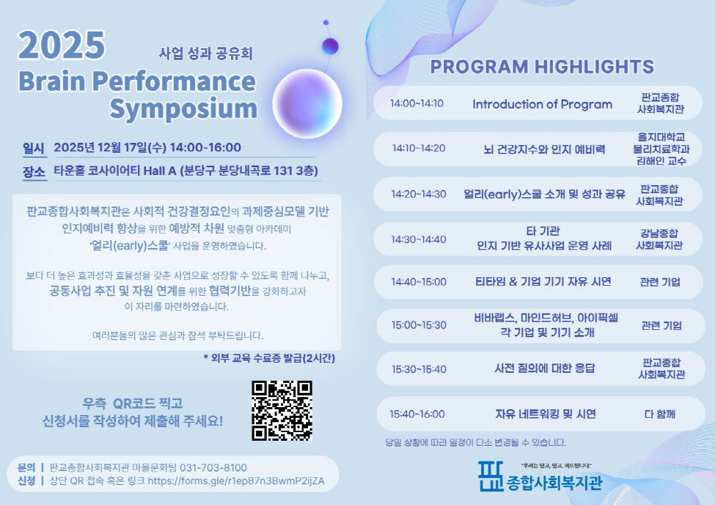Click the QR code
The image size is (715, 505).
coord(282,411)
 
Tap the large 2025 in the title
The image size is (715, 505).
coord(61,45)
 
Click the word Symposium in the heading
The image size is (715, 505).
coord(183,109)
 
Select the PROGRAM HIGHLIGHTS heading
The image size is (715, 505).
coord(542,67)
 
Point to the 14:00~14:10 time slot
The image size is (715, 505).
coord(417,104)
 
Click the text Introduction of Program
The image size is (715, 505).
coord(542,104)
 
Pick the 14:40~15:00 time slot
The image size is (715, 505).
coord(418,282)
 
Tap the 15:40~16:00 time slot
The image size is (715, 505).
coord(418,414)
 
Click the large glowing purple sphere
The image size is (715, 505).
coord(307,104)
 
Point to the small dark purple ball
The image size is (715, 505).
coord(330,46)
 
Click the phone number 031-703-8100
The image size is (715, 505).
coord(213,468)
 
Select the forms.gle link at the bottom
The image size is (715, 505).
coord(236,481)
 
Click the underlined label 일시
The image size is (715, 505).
coord(34,149)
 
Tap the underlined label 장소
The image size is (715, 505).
coord(34,172)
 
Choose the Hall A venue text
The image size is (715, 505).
coord(159,171)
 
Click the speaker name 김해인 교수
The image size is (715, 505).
coord(661,161)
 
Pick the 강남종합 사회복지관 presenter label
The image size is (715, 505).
coord(659,239)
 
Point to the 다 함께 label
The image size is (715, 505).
coord(660,414)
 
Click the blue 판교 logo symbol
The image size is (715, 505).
coord(490,476)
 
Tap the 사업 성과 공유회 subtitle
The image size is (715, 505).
coord(206,54)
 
